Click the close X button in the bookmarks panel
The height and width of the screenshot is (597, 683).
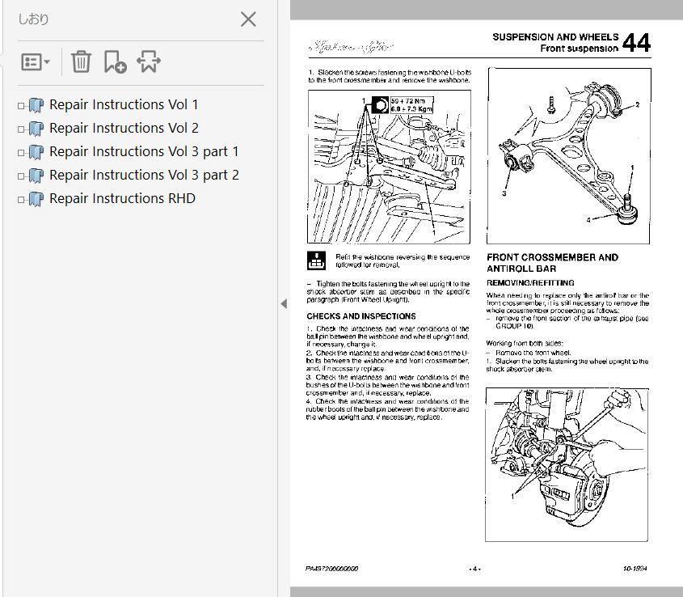(x=248, y=19)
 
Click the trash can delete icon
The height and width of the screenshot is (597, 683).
(x=81, y=61)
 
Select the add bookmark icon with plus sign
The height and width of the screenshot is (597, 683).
(x=115, y=61)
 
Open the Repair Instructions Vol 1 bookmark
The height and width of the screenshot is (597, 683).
(x=123, y=104)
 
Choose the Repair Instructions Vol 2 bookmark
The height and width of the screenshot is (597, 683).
(x=123, y=128)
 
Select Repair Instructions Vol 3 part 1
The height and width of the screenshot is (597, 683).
(x=143, y=151)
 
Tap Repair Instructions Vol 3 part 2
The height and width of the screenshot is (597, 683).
(x=143, y=175)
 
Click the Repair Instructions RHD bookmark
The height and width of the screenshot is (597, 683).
(x=121, y=198)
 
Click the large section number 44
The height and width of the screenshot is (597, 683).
(x=636, y=43)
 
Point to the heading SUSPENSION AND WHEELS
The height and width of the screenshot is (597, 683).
(x=554, y=37)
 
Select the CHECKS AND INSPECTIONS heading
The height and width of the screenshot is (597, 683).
(x=361, y=316)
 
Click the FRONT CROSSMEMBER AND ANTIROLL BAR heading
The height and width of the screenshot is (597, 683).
(x=552, y=263)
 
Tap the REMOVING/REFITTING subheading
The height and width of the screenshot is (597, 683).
(x=530, y=283)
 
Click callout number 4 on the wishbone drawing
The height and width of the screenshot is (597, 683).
(x=589, y=219)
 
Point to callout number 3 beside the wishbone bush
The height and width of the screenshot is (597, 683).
(x=503, y=194)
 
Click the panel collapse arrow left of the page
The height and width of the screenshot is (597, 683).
(x=284, y=303)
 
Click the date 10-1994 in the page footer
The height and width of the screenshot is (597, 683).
(x=635, y=569)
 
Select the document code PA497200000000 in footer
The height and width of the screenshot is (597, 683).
(x=332, y=569)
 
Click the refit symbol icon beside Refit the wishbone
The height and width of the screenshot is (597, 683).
(x=316, y=260)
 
